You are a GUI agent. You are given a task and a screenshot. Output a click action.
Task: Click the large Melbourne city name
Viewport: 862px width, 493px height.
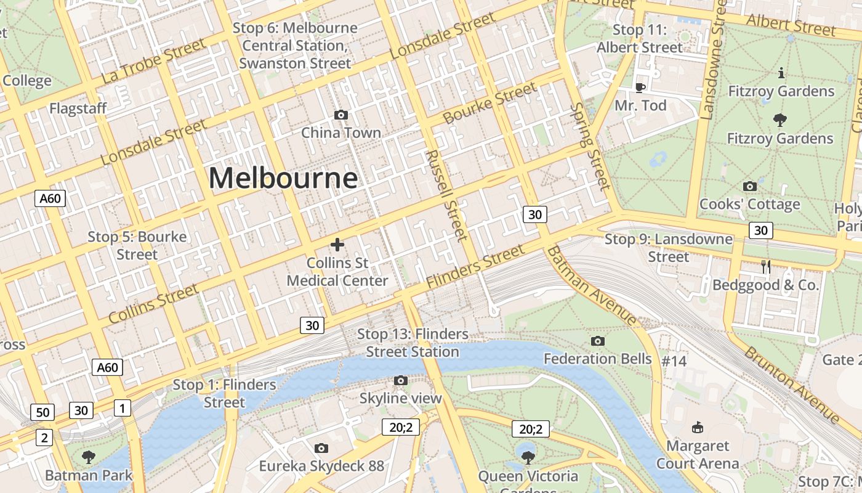pyautogui.click(x=283, y=179)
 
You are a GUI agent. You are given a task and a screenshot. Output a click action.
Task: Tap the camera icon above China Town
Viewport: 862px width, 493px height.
pyautogui.click(x=340, y=115)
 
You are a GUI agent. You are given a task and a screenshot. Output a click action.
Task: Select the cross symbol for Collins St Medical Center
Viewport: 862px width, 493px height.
pyautogui.click(x=337, y=245)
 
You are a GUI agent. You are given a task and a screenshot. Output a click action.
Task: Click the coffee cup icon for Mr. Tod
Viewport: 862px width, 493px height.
pyautogui.click(x=640, y=88)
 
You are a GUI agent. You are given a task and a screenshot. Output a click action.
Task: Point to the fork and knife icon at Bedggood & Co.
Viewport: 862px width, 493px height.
pyautogui.click(x=766, y=266)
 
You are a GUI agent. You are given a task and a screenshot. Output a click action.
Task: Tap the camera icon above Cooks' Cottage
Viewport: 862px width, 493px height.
pyautogui.click(x=750, y=186)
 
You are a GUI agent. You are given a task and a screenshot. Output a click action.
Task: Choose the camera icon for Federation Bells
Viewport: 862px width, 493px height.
pyautogui.click(x=597, y=341)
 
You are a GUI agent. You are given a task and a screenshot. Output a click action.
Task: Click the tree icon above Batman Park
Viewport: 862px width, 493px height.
pyautogui.click(x=89, y=457)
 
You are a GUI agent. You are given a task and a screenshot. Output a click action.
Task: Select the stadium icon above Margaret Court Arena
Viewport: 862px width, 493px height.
pyautogui.click(x=698, y=427)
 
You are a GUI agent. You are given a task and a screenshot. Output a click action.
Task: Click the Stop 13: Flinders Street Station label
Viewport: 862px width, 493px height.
pyautogui.click(x=413, y=343)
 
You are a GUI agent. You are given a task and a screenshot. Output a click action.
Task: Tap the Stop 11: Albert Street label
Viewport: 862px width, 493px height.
pyautogui.click(x=640, y=38)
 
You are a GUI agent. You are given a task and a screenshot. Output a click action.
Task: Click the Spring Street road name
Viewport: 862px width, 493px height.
pyautogui.click(x=590, y=146)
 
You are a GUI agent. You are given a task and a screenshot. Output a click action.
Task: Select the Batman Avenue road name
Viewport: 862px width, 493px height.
pyautogui.click(x=592, y=285)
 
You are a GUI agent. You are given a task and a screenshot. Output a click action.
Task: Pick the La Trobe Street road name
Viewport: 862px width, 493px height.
pyautogui.click(x=153, y=60)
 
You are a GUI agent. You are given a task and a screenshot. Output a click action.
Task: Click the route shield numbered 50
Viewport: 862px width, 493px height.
pyautogui.click(x=42, y=412)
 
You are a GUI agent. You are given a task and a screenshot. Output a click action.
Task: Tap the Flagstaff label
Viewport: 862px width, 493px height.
pyautogui.click(x=78, y=108)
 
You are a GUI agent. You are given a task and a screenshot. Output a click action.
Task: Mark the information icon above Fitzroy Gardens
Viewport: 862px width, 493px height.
pyautogui.click(x=781, y=73)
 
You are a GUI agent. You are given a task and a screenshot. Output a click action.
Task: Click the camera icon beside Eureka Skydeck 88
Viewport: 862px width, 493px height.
pyautogui.click(x=321, y=448)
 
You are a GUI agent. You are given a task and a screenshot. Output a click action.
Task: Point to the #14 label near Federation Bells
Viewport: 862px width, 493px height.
pyautogui.click(x=674, y=361)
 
